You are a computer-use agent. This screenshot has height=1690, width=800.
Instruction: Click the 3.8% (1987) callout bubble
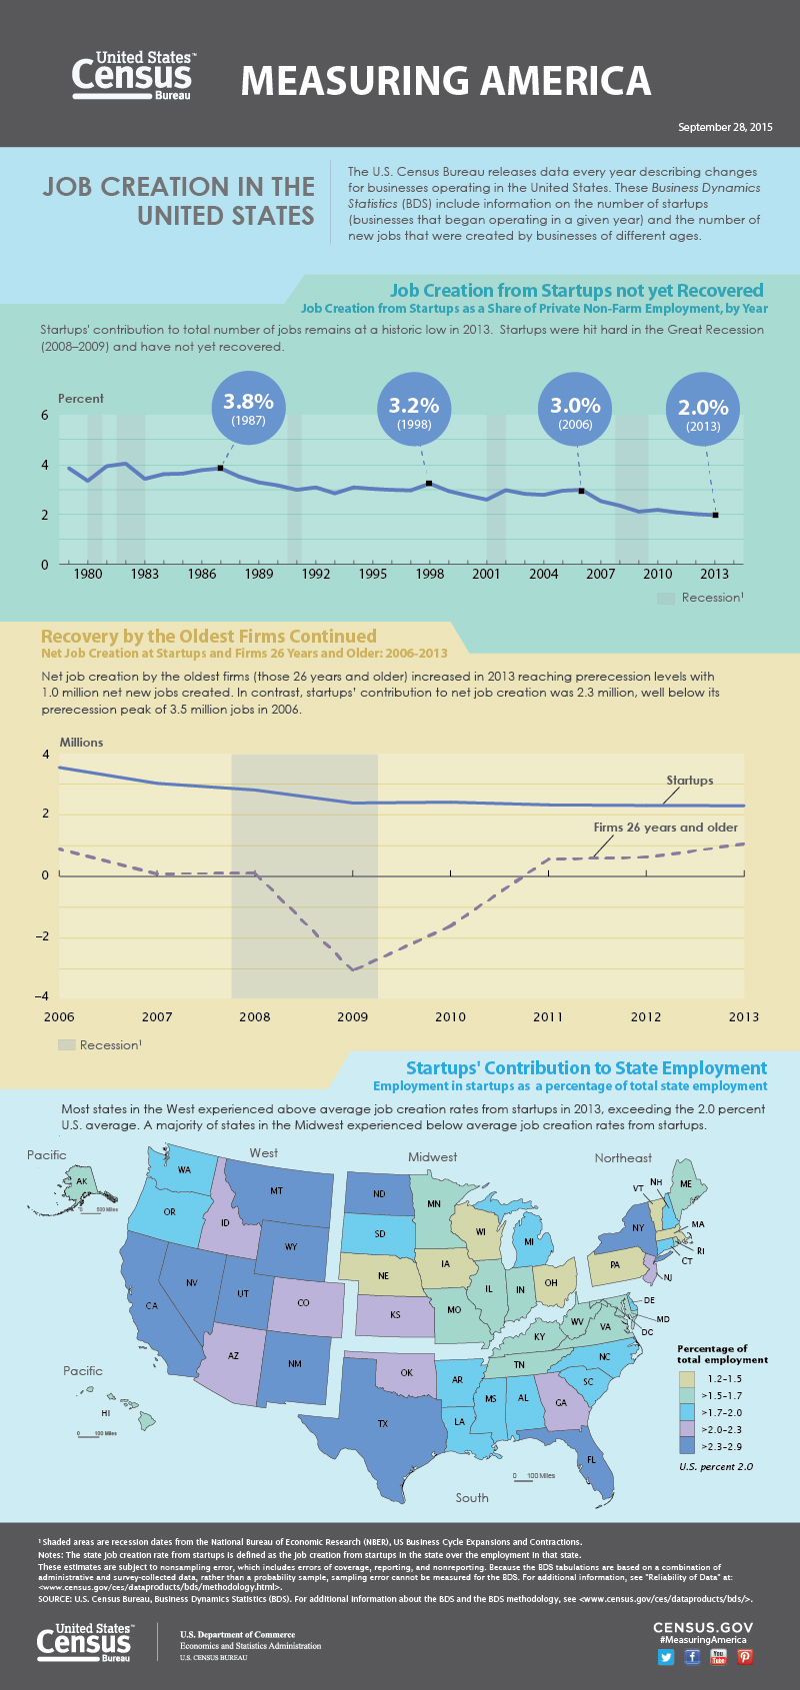click(248, 408)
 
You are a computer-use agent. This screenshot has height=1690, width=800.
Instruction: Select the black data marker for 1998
click(429, 484)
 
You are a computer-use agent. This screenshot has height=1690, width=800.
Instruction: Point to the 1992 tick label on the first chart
click(316, 574)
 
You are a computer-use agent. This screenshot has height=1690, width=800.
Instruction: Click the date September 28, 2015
click(725, 127)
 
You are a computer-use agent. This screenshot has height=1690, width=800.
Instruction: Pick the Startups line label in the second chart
click(690, 780)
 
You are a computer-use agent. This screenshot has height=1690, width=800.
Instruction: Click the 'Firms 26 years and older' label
click(666, 828)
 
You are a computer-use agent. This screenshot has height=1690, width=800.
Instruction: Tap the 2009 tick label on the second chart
click(352, 1016)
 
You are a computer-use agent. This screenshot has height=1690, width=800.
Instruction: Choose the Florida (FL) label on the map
click(592, 1459)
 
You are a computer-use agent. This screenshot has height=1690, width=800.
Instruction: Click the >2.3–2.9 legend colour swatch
click(686, 1446)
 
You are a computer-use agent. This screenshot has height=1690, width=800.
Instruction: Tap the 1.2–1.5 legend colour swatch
click(686, 1378)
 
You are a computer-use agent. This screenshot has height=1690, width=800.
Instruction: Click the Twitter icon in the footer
click(666, 1656)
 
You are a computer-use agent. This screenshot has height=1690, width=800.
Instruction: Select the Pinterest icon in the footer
click(744, 1656)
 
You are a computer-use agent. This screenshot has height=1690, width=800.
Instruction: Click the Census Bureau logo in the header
click(132, 76)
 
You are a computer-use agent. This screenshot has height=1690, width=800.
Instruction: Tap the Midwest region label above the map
click(432, 1156)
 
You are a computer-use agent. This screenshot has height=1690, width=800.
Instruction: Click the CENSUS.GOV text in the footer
click(702, 1627)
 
